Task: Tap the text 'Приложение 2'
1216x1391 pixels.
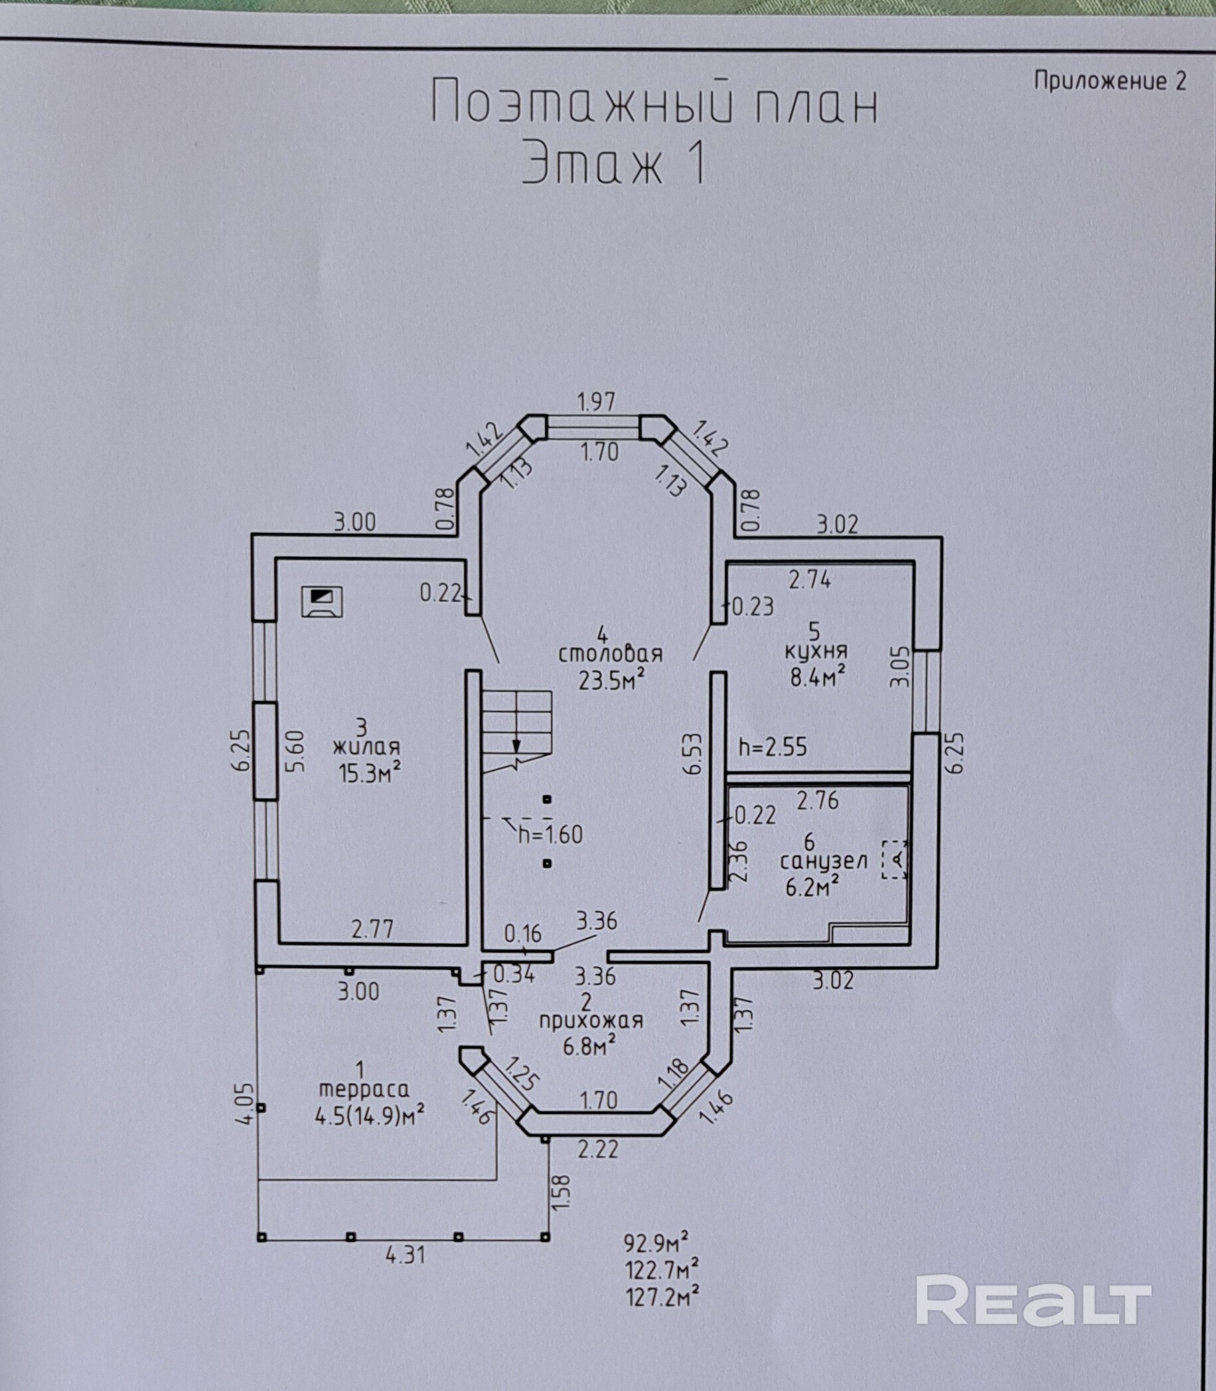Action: click(x=1110, y=82)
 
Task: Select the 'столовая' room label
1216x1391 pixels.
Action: click(x=610, y=655)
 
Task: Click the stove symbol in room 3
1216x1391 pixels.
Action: click(x=323, y=601)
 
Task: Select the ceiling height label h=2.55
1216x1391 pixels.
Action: click(x=773, y=747)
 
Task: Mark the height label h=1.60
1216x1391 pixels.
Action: click(x=550, y=834)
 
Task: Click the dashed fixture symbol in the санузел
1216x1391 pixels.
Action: click(x=894, y=859)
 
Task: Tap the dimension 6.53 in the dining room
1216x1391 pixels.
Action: click(x=695, y=753)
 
